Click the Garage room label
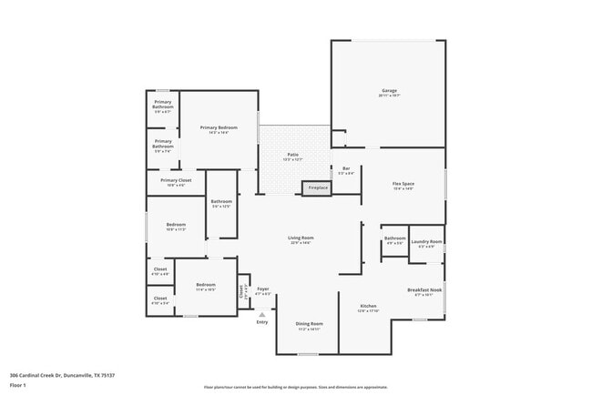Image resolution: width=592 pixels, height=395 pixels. point(389,92)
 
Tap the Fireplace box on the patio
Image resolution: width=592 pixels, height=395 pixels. point(317,187)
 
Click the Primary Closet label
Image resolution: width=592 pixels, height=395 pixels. point(176,180)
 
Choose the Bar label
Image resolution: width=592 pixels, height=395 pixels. point(346,168)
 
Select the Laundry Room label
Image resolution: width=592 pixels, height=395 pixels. point(425,241)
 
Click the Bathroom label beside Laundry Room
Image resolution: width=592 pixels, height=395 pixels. point(395,238)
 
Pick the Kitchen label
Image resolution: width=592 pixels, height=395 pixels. point(368,306)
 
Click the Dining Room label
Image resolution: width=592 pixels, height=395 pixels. point(309,324)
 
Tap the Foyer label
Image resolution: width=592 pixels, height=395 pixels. point(262,289)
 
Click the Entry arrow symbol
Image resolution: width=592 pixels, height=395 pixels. point(262,313)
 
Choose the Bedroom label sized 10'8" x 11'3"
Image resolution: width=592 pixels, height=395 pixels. point(176,225)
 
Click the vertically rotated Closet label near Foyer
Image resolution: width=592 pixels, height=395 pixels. point(242,291)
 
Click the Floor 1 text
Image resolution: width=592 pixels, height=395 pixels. point(17,385)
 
